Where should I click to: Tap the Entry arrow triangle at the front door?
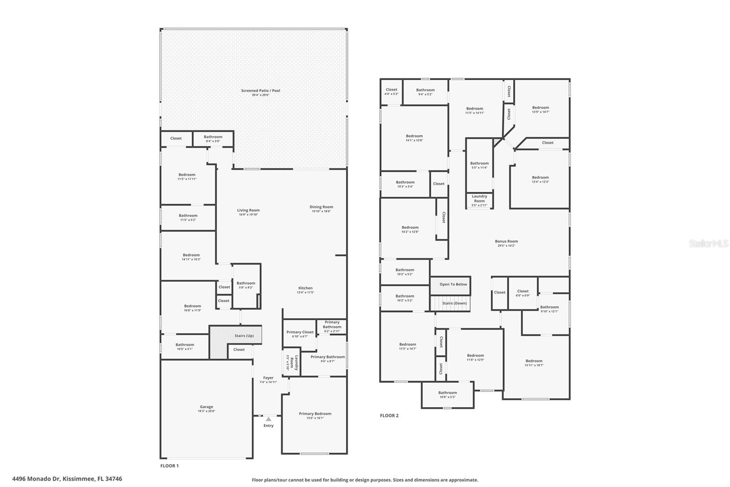(x=268, y=419)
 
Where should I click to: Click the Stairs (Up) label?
(x=244, y=336)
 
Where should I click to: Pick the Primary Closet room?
(x=300, y=333)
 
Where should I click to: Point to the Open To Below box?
(x=453, y=285)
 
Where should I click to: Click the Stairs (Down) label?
(x=454, y=303)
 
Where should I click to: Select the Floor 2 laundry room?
(x=479, y=200)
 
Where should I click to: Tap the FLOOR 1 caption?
(x=169, y=466)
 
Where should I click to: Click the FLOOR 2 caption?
(x=389, y=416)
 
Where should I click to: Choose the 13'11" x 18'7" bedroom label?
(x=534, y=363)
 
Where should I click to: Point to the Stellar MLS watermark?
(x=709, y=244)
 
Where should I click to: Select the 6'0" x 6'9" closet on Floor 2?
(x=523, y=293)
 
